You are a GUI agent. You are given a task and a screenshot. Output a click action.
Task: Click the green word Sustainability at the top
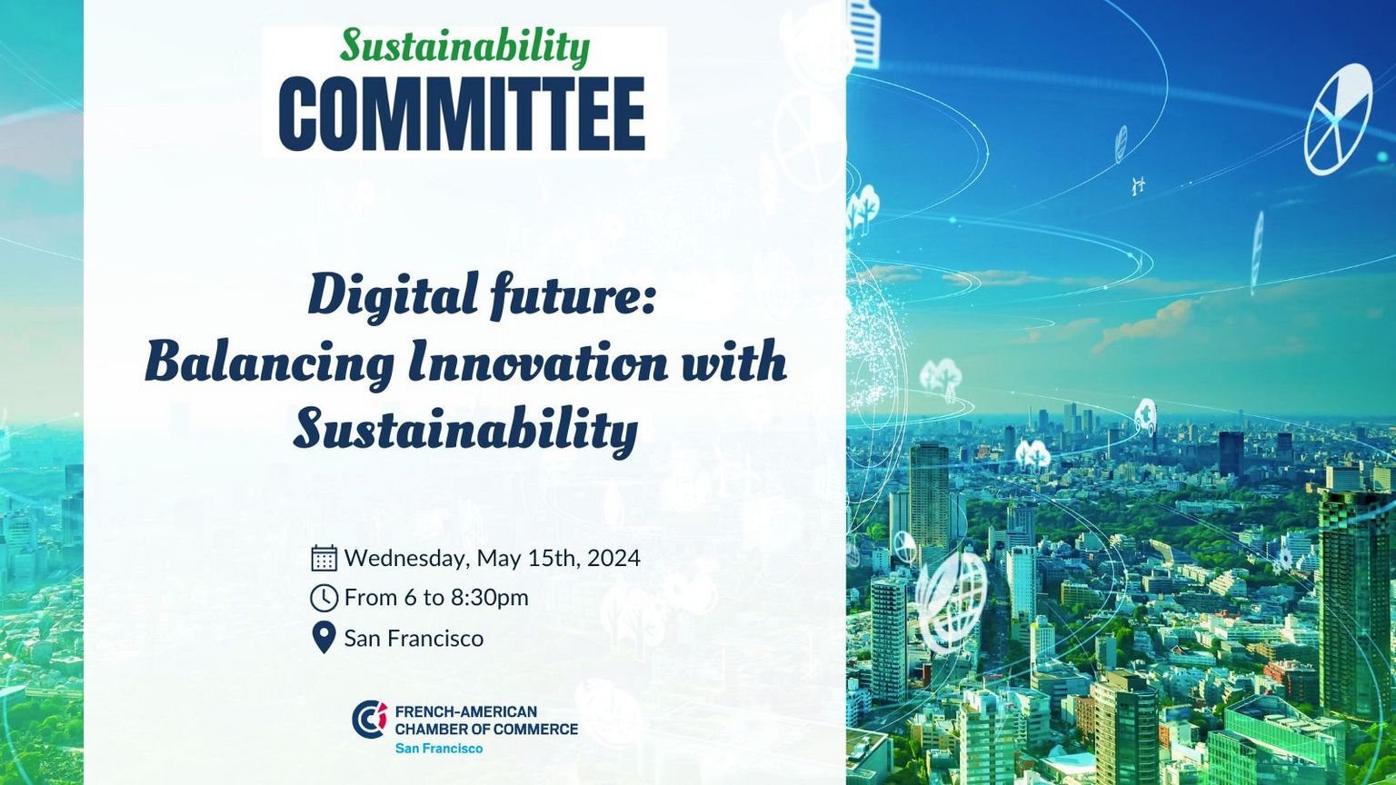pos(465,47)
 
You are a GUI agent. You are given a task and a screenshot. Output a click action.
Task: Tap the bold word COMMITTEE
pos(462,114)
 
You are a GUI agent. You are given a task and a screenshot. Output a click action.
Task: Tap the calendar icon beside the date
pos(324,558)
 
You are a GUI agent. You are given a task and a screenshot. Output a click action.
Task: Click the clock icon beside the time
pos(324,598)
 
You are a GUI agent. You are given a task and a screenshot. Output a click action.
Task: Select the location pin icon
pos(324,638)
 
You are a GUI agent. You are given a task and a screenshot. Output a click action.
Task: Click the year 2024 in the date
pos(613,558)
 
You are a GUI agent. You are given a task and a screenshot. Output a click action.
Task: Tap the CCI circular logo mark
pos(370,720)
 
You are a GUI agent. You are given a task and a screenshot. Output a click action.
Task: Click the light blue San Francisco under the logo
pos(439,749)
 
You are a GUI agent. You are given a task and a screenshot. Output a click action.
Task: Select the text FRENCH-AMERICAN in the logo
pos(466,711)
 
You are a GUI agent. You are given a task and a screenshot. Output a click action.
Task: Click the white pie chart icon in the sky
pos(1338,120)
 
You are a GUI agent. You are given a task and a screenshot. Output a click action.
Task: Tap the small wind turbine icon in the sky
pos(1138,185)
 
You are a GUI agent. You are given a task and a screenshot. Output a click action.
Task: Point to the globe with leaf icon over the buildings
pos(952,601)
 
